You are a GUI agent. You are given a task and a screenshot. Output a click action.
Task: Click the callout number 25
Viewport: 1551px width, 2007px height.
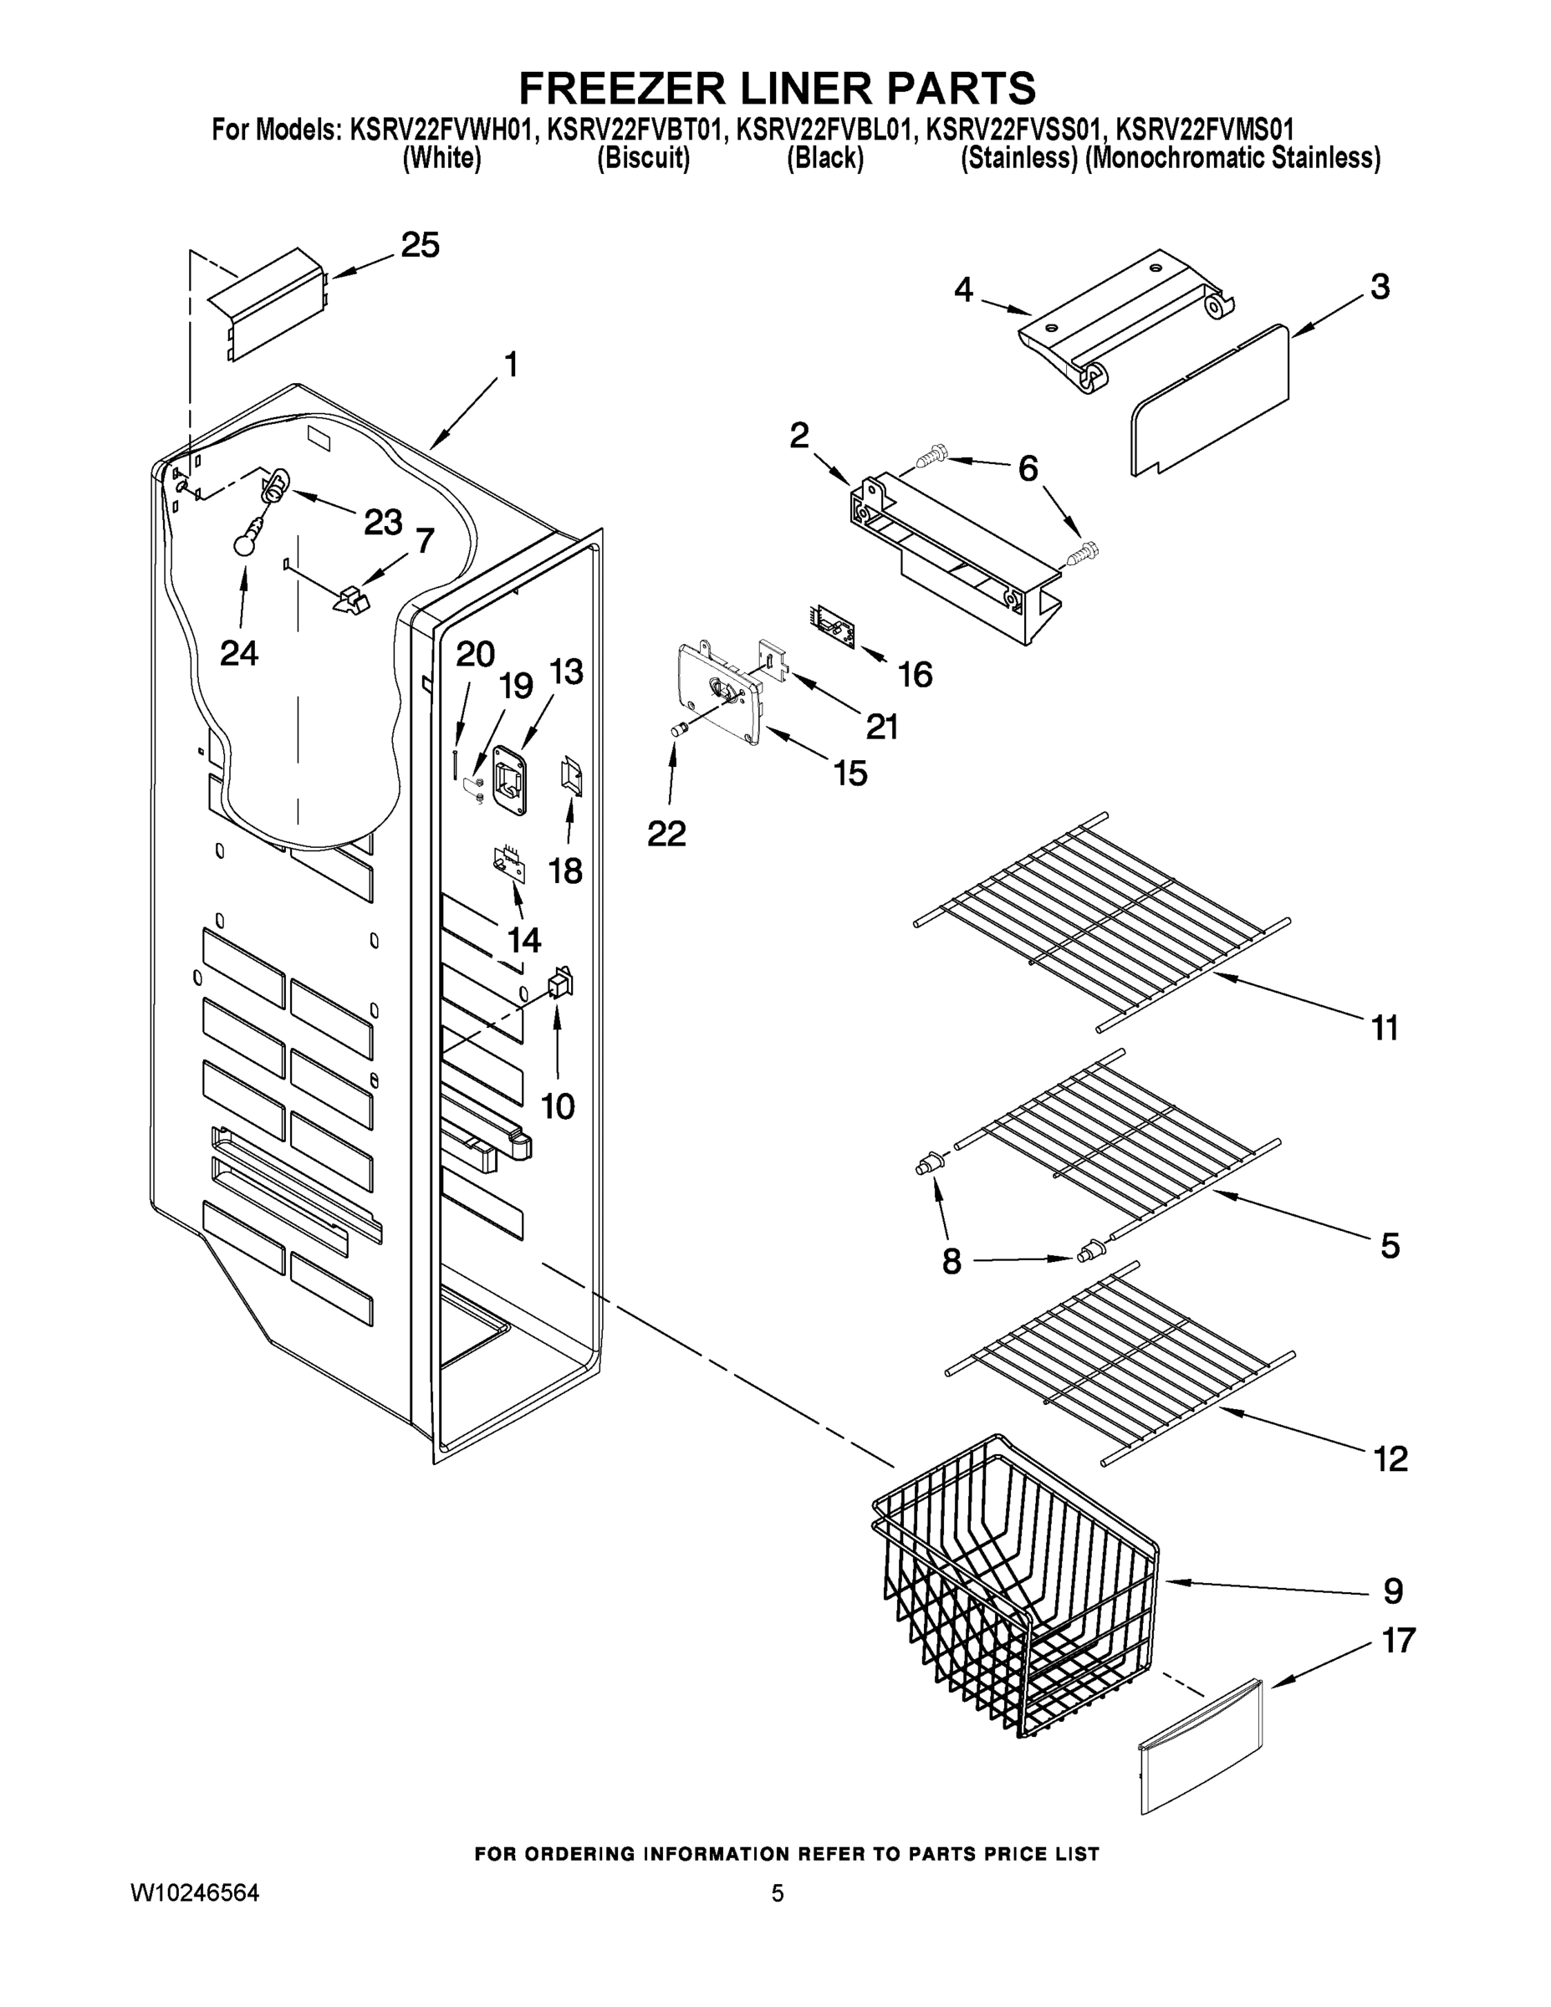(420, 245)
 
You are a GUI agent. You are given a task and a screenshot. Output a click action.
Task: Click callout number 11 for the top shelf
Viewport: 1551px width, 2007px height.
(1385, 1028)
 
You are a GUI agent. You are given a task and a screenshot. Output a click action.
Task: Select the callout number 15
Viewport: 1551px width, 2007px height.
(850, 774)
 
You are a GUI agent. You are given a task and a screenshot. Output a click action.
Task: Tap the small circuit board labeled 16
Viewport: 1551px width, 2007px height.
(833, 628)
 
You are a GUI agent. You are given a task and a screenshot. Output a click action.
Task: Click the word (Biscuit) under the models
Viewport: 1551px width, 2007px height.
(643, 159)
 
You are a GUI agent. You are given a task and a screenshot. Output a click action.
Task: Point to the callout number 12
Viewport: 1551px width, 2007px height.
(1390, 1458)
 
